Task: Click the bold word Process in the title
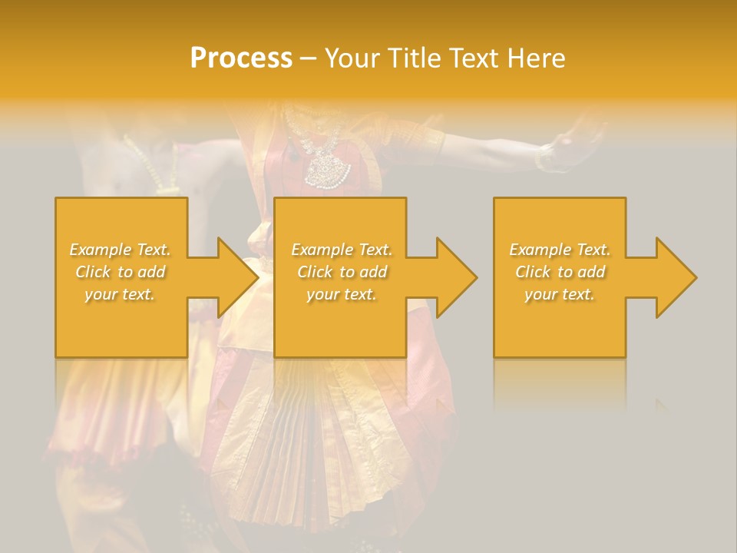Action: tap(241, 58)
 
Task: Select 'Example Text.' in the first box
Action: tap(121, 250)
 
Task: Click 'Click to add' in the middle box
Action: tap(342, 272)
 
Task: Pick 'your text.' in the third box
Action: tap(560, 294)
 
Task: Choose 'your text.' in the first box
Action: tap(121, 294)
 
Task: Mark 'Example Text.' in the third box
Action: tap(560, 250)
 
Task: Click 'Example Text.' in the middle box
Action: tap(342, 250)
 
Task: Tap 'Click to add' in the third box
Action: tap(560, 272)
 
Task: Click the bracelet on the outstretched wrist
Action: tap(544, 157)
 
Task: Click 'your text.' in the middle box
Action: tap(342, 294)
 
